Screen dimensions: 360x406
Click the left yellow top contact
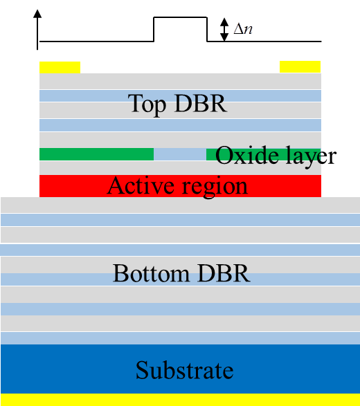(60, 67)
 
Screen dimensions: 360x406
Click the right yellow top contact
(300, 67)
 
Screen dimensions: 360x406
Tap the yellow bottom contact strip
(180, 400)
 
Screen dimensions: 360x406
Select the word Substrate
(185, 370)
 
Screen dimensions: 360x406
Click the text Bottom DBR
(181, 273)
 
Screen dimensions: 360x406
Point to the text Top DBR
(178, 104)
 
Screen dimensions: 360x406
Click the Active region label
(177, 187)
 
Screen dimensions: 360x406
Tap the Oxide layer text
(276, 156)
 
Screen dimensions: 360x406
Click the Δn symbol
(243, 29)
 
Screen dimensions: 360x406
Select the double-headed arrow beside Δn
(224, 30)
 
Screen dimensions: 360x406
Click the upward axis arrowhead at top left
(37, 14)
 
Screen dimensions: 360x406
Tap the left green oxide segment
(96, 154)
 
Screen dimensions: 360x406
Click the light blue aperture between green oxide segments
(180, 154)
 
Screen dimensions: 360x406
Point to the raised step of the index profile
(181, 17)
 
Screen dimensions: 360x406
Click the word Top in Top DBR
(147, 104)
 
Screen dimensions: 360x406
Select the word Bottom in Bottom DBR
(151, 273)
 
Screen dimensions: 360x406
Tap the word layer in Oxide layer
(311, 156)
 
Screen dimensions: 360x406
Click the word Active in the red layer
(141, 185)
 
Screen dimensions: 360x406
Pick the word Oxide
(246, 155)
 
